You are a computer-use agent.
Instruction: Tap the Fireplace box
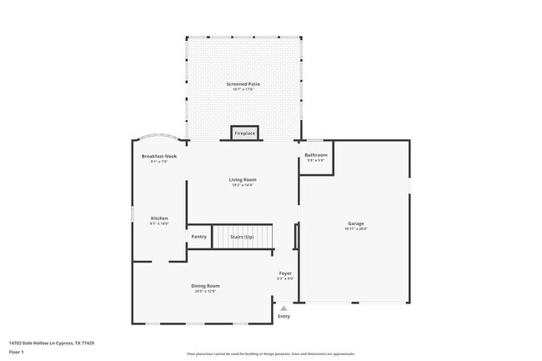[244, 133]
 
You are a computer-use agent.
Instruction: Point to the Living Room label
[243, 179]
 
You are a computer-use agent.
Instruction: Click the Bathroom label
[315, 155]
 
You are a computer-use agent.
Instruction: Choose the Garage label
[356, 223]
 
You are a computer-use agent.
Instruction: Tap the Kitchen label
[159, 218]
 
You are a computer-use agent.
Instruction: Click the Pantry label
[198, 237]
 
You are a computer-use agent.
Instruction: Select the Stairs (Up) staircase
[242, 237]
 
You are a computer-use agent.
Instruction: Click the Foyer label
[284, 273]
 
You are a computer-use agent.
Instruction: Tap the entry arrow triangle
[284, 308]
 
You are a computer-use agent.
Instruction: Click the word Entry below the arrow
[284, 316]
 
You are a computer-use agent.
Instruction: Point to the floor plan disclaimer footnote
[271, 353]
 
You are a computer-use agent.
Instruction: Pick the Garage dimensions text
[356, 228]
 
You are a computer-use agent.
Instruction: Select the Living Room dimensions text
[243, 184]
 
